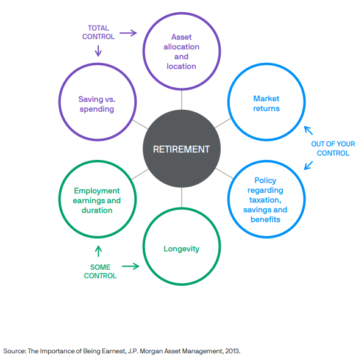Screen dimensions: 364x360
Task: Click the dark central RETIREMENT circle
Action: pos(182,149)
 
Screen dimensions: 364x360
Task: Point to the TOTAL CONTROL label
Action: pos(98,32)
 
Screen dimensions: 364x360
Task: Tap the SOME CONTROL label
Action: pos(100,272)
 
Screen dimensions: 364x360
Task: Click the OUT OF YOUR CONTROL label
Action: pos(333,148)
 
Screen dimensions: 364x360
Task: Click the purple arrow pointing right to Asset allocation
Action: pos(128,33)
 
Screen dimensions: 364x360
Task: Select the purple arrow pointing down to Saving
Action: pos(98,51)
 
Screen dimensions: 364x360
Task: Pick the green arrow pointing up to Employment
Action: pos(98,251)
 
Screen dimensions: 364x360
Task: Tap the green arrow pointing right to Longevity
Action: pos(130,266)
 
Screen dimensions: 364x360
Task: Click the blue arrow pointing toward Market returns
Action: pos(309,131)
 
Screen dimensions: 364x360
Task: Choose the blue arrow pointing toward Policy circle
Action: pos(309,165)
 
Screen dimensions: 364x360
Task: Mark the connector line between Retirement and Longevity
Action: pos(182,198)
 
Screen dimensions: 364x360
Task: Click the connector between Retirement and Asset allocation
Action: pos(182,100)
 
